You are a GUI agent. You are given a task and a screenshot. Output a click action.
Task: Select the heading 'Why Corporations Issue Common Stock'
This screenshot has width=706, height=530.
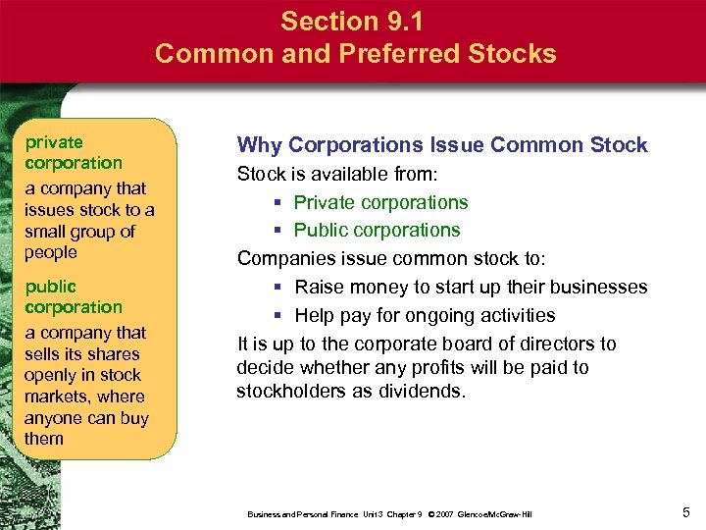[442, 145]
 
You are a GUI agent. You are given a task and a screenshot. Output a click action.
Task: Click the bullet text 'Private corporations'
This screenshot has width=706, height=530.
[380, 203]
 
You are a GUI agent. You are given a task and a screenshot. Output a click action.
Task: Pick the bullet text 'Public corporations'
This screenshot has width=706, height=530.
[377, 231]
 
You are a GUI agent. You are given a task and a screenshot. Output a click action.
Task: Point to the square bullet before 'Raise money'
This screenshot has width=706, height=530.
[279, 288]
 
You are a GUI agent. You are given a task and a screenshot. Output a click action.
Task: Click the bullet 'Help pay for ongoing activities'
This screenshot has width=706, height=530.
[425, 315]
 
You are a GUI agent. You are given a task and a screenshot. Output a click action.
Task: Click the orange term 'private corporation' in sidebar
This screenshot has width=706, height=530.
[74, 153]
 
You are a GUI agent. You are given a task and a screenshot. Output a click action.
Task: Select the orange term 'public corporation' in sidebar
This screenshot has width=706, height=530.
[74, 296]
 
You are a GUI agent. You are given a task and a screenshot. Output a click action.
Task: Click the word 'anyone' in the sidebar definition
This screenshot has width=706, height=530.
[55, 418]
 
